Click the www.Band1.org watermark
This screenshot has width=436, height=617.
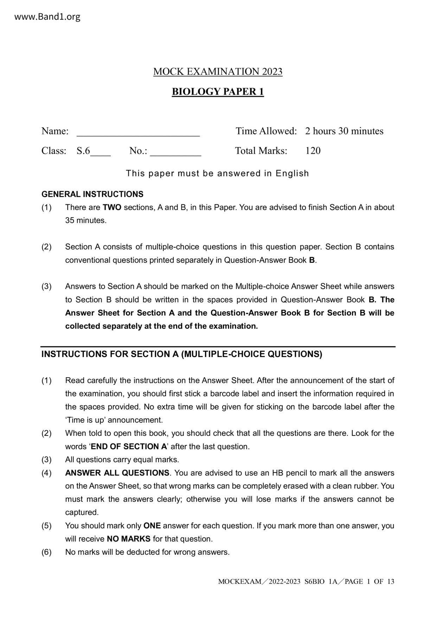[x=47, y=17]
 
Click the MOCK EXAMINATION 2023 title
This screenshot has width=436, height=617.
[x=218, y=71]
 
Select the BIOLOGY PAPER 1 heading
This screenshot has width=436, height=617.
[x=218, y=91]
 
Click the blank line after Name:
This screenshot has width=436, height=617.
[x=138, y=134]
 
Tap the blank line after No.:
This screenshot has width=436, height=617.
[x=175, y=153]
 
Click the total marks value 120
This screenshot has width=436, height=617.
[x=313, y=151]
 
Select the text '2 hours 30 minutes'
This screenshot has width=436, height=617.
[x=344, y=131]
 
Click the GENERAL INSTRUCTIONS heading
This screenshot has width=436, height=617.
[x=92, y=194]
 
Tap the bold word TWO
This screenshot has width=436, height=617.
[x=112, y=208]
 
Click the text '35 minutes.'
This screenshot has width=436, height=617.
[x=86, y=221]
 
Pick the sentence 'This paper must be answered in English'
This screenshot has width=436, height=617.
[x=217, y=173]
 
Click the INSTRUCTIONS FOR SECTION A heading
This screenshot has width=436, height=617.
[x=182, y=354]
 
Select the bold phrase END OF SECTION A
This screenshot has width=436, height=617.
[x=129, y=447]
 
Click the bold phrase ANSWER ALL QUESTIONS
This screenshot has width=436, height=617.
[x=117, y=473]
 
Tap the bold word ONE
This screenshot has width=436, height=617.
[x=152, y=526]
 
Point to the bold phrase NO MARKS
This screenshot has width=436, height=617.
[x=129, y=539]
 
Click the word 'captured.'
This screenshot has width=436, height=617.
[x=82, y=513]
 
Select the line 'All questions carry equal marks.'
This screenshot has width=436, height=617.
[x=122, y=460]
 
